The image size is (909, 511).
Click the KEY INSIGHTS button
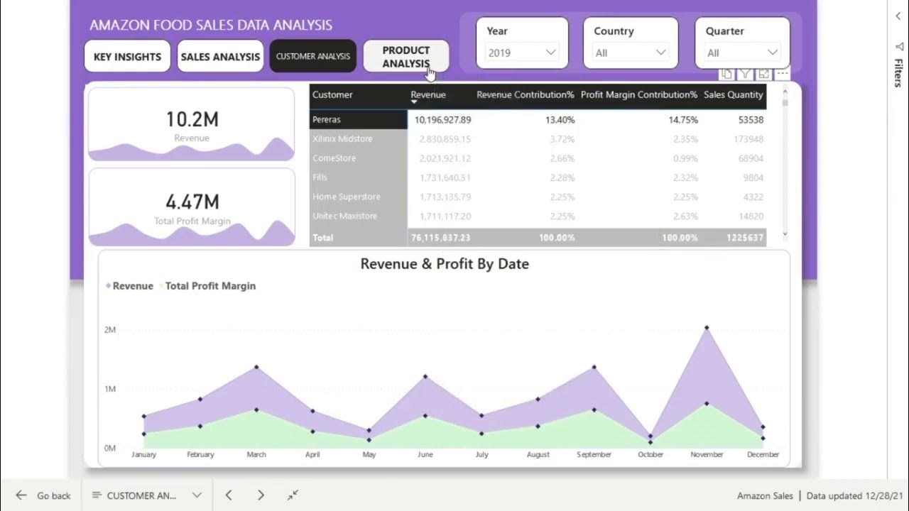point(127,57)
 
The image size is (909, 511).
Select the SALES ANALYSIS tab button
point(220,57)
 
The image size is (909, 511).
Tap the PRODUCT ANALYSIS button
point(405,57)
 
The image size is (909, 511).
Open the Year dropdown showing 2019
point(522,53)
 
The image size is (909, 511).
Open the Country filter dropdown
point(631,53)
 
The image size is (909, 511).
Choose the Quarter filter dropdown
point(742,53)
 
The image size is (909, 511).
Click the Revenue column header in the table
point(428,95)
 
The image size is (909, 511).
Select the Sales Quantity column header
point(733,95)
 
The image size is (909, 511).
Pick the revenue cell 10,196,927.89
point(442,120)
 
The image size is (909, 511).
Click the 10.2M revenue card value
point(191,120)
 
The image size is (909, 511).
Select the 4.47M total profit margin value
point(192,202)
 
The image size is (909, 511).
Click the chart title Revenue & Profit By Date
point(445,264)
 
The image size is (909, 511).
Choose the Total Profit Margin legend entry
point(210,286)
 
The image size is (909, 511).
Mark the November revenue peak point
point(707,328)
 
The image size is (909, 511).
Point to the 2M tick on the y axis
point(109,330)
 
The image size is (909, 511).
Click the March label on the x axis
point(256,454)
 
